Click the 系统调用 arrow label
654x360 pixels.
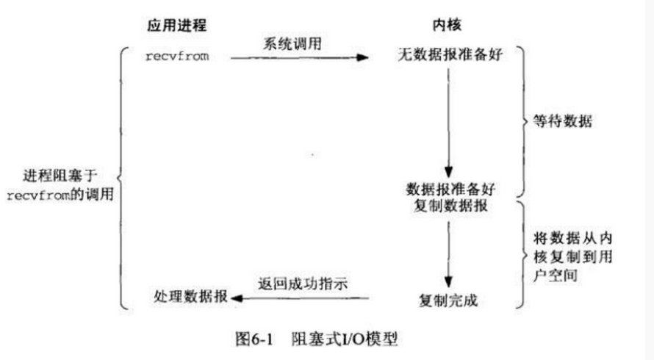coord(292,43)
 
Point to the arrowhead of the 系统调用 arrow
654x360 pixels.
coord(362,56)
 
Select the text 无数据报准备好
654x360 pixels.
coord(448,55)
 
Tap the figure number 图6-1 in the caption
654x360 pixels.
coord(253,339)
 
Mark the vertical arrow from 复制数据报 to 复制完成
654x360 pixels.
coord(448,250)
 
